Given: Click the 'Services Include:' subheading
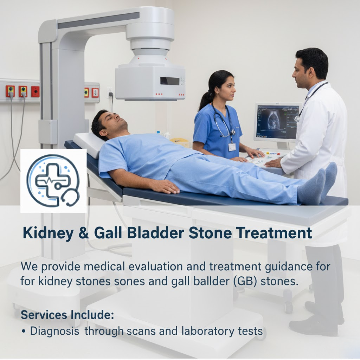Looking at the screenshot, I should tap(67, 315).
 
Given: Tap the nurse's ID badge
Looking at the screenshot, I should tap(232, 146).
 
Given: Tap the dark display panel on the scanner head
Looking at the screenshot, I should tap(169, 81).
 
